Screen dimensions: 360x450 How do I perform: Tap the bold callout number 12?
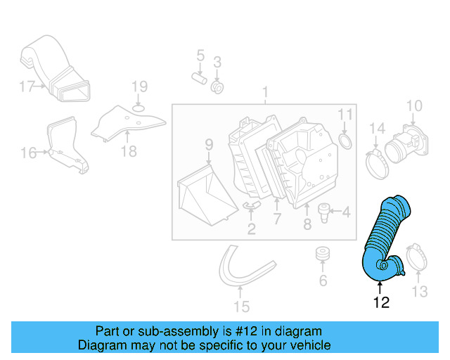click(x=380, y=303)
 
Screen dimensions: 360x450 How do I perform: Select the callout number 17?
click(x=27, y=87)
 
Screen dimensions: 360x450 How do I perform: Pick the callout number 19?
click(x=139, y=86)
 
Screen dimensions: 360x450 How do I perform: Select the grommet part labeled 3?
click(x=217, y=88)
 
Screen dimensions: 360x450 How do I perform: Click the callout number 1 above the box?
click(x=265, y=92)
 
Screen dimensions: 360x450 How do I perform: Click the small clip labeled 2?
click(x=251, y=205)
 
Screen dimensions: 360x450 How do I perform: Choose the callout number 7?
click(x=277, y=219)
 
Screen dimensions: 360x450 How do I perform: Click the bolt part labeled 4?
click(x=324, y=210)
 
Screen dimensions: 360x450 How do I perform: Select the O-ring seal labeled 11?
click(x=346, y=143)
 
